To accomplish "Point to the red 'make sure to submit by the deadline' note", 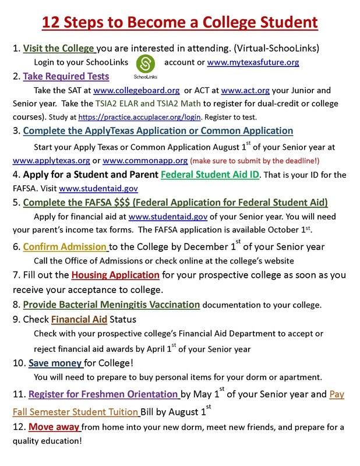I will click(x=269, y=160).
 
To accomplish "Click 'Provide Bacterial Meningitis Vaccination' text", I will click(x=111, y=304).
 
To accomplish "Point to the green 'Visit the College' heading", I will click(x=58, y=48).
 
